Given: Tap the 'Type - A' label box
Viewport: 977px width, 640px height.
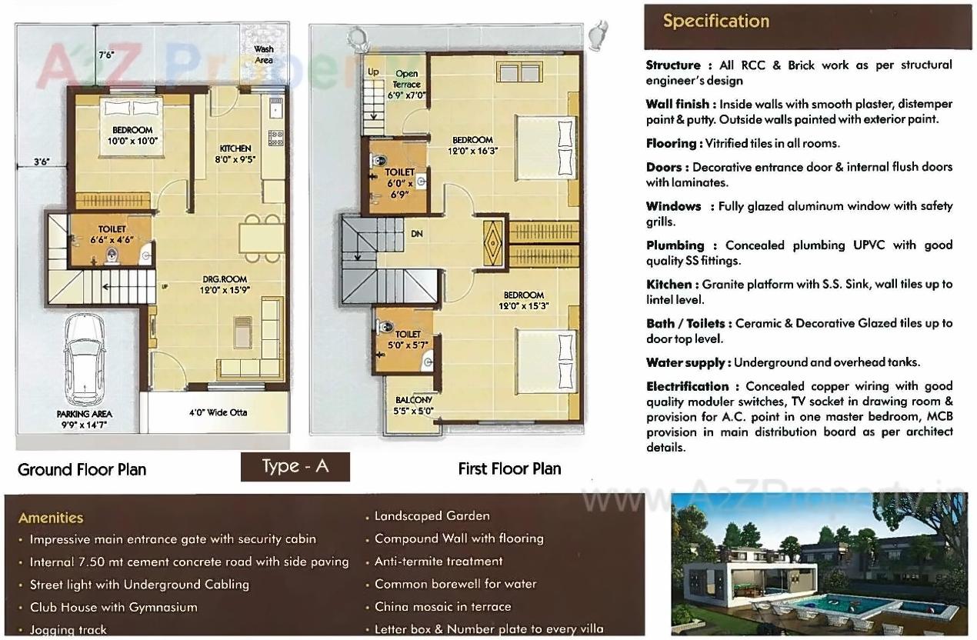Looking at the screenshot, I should (x=295, y=467).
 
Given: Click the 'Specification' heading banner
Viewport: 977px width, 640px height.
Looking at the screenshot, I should (x=715, y=22).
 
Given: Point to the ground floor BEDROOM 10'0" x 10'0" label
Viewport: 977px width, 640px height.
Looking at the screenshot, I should (x=132, y=135).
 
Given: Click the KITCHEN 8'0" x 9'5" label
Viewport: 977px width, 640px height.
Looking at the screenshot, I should (x=236, y=154).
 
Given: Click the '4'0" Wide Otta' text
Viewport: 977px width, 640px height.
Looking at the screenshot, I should (x=218, y=412).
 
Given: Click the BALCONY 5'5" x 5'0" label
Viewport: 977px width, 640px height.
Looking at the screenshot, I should (x=414, y=405).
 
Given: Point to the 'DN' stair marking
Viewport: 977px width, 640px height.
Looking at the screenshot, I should (x=416, y=234).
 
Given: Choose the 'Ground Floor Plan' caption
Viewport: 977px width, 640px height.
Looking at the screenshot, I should (x=82, y=469).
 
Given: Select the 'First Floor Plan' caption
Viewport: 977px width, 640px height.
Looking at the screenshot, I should (x=509, y=468).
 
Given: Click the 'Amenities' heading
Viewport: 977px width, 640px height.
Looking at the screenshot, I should (x=51, y=518).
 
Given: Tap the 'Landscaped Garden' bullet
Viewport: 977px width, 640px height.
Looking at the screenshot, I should (x=432, y=515).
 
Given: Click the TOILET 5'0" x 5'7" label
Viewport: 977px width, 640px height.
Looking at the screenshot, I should (x=407, y=339).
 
